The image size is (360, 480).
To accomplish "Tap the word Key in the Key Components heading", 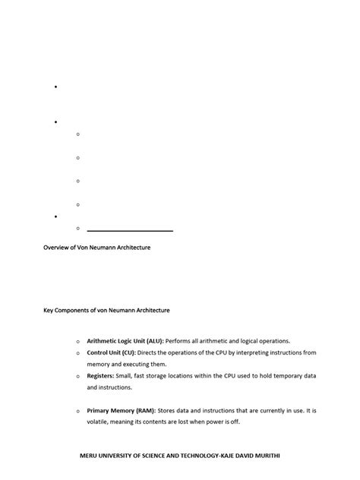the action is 48,310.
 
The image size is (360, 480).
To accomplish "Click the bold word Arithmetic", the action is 103,341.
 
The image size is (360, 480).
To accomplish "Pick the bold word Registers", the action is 101,376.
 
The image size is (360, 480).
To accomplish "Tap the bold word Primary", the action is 100,410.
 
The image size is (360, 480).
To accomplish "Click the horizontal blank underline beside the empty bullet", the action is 130,229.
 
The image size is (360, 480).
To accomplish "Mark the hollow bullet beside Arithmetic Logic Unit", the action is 77,342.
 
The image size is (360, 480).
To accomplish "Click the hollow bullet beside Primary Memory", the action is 77,411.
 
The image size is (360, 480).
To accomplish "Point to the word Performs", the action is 178,341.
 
